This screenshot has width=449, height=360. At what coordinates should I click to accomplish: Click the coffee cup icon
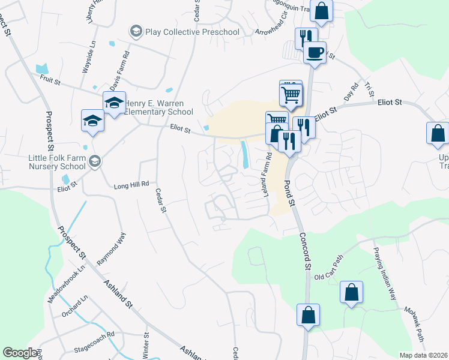(x=315, y=53)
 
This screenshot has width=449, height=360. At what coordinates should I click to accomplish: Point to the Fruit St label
(x=50, y=78)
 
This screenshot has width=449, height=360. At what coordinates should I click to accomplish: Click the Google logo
(x=20, y=353)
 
